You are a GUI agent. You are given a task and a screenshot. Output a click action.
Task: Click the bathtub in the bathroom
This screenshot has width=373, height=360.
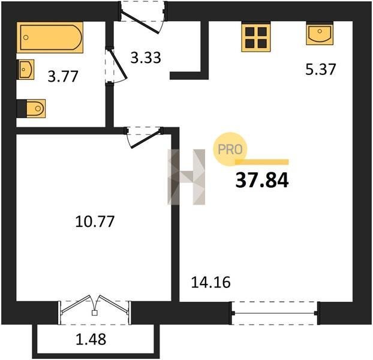point(50,37)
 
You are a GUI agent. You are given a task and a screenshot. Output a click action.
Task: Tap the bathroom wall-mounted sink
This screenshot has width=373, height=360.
point(25,70)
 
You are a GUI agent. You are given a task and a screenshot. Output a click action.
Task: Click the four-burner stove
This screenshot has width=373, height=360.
point(256,38)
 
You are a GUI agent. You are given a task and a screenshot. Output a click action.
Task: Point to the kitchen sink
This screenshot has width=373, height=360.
point(320,34)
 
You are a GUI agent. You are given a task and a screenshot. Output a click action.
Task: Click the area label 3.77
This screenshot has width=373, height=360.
point(63,76)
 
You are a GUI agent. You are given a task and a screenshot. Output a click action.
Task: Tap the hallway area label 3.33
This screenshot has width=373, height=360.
point(146,58)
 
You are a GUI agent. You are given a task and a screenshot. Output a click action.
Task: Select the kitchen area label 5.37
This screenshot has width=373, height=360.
point(321,69)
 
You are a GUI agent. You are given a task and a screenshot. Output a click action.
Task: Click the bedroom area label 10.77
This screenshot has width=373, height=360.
point(95,221)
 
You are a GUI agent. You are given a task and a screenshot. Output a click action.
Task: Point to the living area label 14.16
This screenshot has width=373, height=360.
point(210,282)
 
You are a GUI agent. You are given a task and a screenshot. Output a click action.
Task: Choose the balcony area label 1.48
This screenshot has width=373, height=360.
point(91,339)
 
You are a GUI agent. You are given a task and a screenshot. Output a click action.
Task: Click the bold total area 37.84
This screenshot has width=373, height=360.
point(262,180)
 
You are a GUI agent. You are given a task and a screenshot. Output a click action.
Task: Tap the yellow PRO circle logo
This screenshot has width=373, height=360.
point(230,149)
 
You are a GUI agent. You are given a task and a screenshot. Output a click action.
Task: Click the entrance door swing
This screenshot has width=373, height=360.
point(142,21)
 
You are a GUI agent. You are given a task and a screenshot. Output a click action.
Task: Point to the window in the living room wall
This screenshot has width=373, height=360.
point(275,313)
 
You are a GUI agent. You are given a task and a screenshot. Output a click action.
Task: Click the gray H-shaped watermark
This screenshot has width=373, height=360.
point(186,177)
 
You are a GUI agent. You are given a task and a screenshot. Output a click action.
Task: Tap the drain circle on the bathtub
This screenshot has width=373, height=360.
point(26,37)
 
